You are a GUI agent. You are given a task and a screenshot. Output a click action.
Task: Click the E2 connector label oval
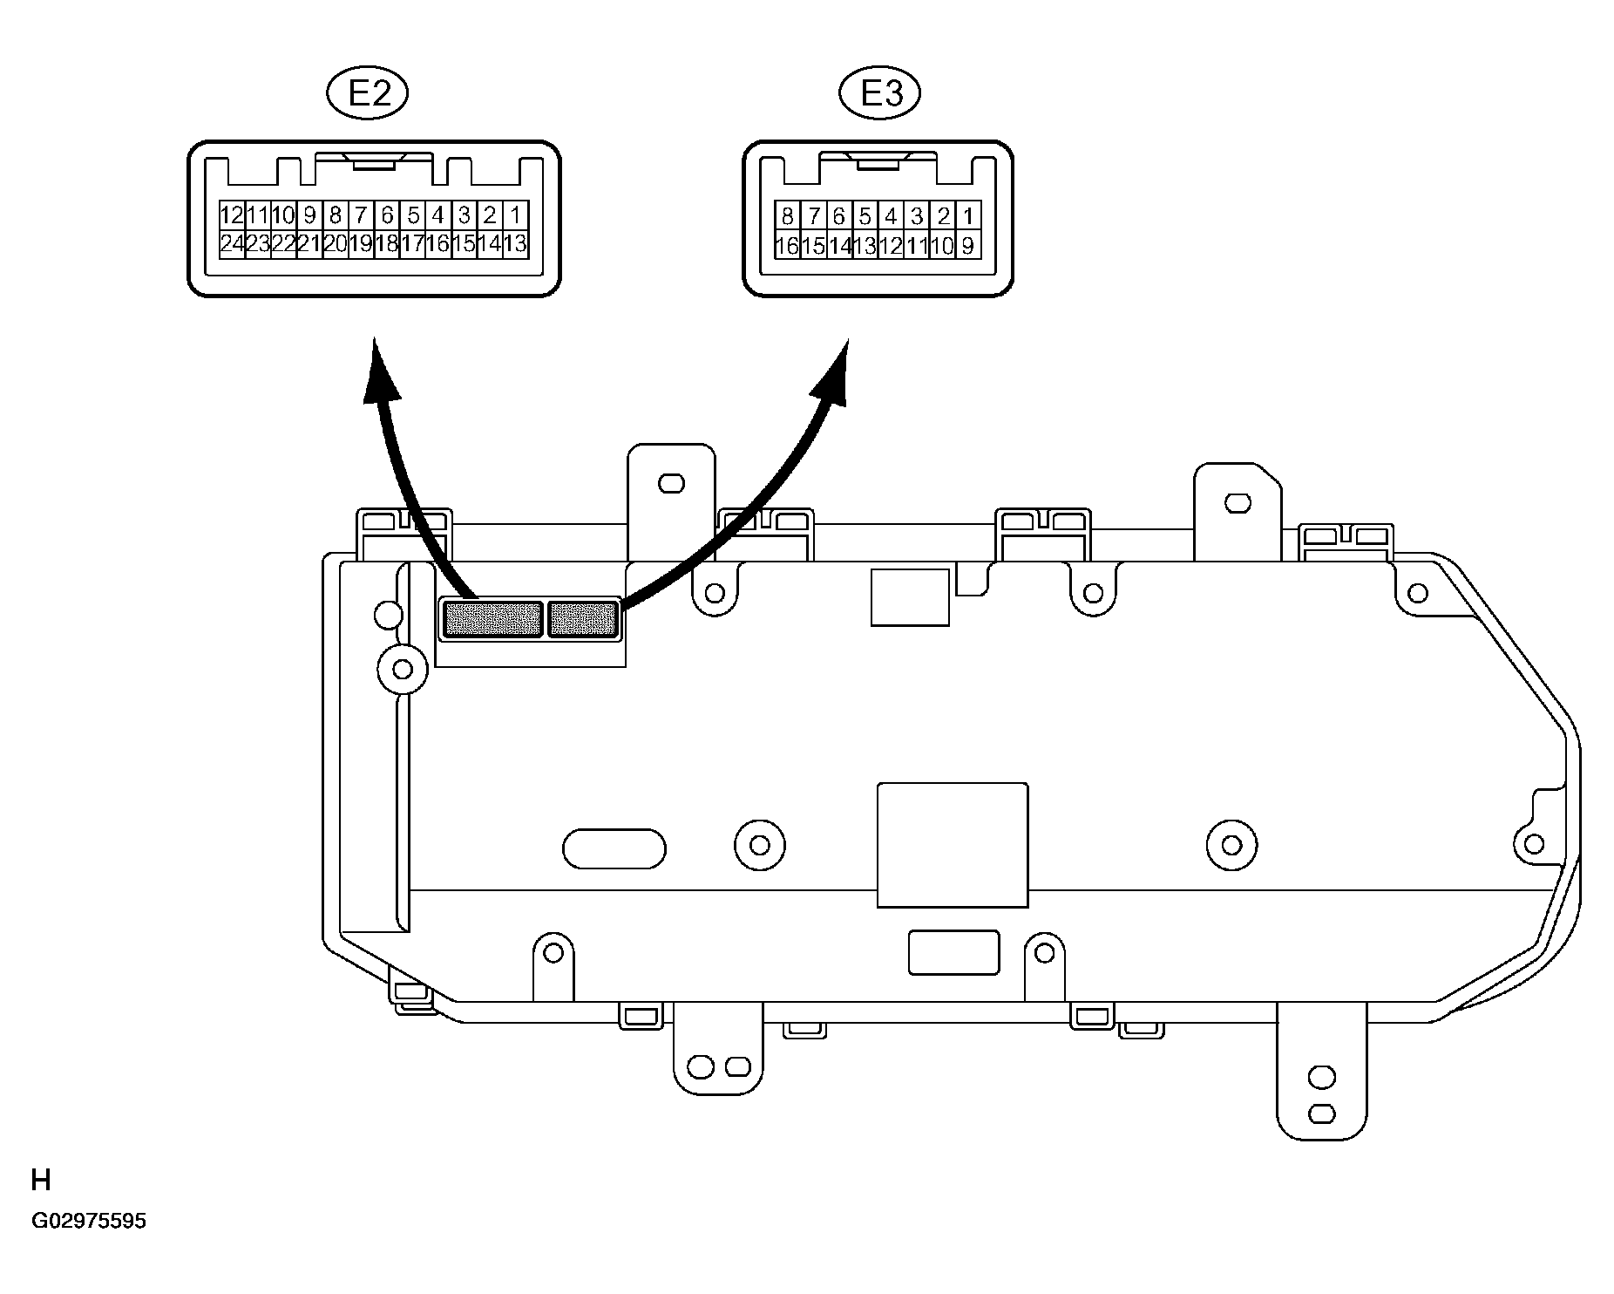(x=367, y=94)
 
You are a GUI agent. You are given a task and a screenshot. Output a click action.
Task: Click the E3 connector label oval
(x=880, y=94)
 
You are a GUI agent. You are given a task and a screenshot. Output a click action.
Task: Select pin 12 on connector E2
(x=231, y=215)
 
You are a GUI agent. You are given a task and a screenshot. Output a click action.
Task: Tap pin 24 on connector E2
(x=231, y=243)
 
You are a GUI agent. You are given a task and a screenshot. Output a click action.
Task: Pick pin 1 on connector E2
(x=516, y=215)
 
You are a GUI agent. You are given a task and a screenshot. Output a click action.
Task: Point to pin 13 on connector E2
(x=516, y=243)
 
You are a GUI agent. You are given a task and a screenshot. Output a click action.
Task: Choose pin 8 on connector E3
(x=788, y=216)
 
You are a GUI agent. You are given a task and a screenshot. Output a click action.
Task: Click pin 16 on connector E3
(x=788, y=246)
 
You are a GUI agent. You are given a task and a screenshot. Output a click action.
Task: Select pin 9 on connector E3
(x=968, y=246)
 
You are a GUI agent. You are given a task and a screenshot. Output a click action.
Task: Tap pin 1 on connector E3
(x=968, y=216)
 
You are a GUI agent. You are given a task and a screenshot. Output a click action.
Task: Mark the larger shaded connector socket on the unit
(x=493, y=620)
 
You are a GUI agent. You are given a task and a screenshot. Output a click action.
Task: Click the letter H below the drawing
(x=41, y=1181)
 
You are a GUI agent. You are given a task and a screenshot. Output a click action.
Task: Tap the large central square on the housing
(x=953, y=845)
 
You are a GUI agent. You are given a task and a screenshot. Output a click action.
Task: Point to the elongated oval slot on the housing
(x=614, y=848)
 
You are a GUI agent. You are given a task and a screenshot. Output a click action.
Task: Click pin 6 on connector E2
(x=387, y=215)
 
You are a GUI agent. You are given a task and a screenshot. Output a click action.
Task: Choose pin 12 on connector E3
(x=891, y=246)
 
